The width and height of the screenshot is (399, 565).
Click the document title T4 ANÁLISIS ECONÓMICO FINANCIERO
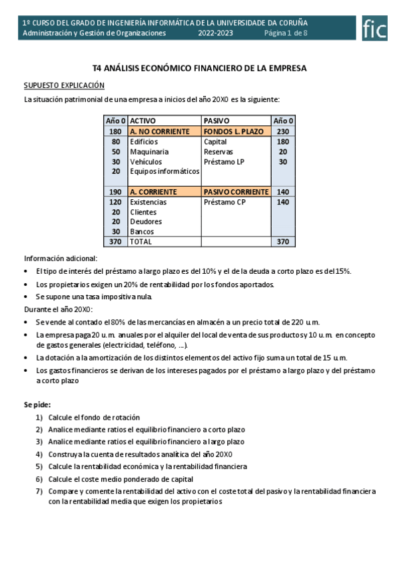click(199, 69)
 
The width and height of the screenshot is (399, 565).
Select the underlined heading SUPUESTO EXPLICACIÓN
click(64, 85)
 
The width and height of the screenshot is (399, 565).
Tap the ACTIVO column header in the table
click(143, 121)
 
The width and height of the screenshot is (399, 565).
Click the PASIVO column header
click(216, 121)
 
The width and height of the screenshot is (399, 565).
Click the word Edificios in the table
click(145, 142)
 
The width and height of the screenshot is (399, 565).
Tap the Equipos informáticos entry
click(165, 171)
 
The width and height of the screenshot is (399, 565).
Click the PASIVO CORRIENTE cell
click(236, 192)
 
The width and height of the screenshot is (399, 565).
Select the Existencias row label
click(149, 202)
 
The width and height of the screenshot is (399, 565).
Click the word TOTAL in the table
click(141, 242)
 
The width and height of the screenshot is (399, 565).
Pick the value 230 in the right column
click(282, 132)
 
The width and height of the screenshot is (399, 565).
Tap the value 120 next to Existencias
click(115, 202)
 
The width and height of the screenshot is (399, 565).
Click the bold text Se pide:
click(37, 404)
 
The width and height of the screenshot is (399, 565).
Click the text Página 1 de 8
click(286, 33)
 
